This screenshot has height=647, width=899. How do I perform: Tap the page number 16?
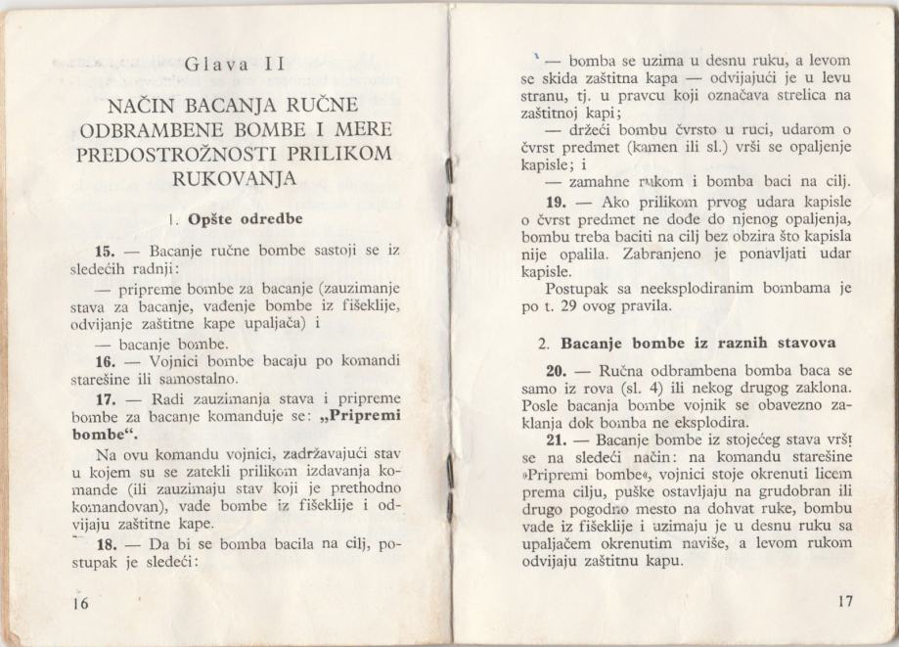pos(79,604)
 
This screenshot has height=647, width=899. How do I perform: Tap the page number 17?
pos(846,601)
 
